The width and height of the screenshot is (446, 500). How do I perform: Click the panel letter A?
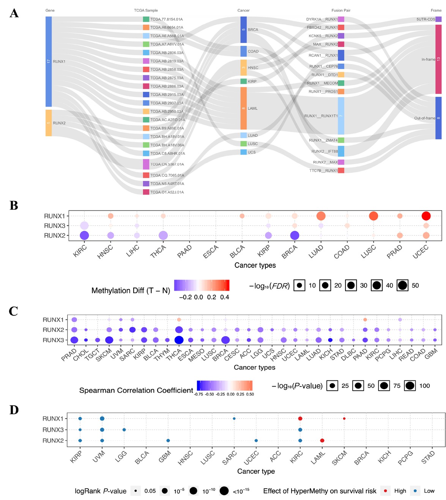[14, 13]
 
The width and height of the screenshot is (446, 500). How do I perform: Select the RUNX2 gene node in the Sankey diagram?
[49, 123]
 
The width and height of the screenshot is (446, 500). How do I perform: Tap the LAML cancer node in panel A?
[243, 108]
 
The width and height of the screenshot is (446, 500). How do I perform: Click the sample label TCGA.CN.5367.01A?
[167, 164]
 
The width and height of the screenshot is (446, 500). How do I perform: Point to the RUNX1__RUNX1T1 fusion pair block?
[341, 116]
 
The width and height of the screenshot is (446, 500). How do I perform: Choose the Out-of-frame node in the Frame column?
[438, 118]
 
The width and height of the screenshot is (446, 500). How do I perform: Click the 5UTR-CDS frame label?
[426, 19]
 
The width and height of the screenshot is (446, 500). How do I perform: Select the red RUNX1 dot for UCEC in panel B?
[426, 216]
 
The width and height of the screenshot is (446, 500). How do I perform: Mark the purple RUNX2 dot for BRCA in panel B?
[295, 236]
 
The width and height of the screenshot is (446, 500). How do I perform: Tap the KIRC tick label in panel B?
[80, 251]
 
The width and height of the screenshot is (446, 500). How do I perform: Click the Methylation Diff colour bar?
[202, 285]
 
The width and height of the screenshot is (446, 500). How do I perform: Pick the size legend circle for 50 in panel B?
[402, 285]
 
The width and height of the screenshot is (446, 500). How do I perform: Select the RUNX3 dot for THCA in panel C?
[179, 340]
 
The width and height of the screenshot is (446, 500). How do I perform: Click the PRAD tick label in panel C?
[69, 355]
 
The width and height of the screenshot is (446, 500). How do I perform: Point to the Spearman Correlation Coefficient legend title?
[136, 390]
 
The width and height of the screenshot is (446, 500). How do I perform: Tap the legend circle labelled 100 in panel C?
[410, 386]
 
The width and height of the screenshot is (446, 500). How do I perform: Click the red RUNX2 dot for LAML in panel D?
[322, 440]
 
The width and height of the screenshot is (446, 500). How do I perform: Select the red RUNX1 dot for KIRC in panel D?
[300, 418]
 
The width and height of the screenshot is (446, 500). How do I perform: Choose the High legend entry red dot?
[385, 491]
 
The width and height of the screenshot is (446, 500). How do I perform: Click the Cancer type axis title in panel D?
[256, 471]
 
